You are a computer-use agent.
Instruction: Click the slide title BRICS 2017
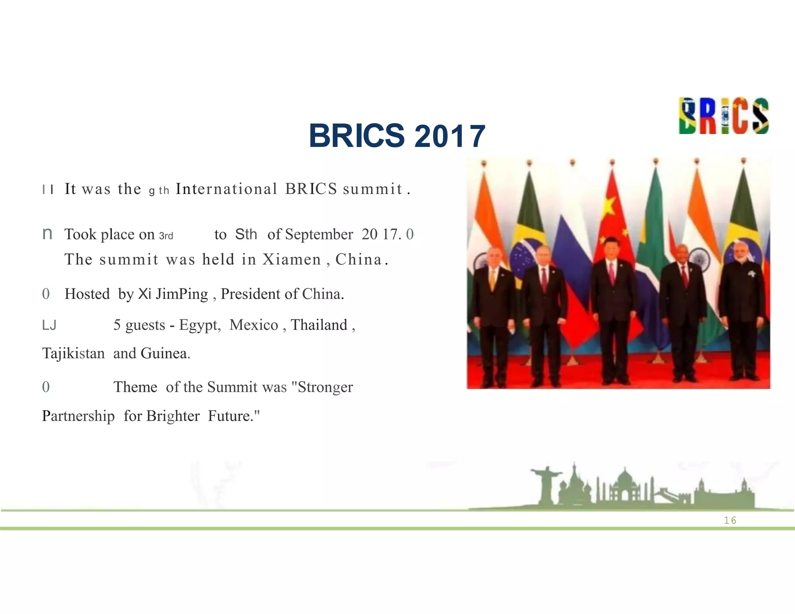397,136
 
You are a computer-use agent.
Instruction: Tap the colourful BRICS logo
724,116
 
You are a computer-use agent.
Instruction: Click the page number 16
730,520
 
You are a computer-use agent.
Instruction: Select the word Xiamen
292,259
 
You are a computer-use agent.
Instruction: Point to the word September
319,234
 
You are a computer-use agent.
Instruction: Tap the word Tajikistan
73,354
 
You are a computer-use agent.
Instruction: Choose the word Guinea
165,354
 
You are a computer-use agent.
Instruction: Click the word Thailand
319,325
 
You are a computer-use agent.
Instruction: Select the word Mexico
254,325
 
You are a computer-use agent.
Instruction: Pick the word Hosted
87,294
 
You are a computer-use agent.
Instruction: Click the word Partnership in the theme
78,416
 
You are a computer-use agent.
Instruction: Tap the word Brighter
173,416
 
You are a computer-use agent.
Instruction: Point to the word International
227,189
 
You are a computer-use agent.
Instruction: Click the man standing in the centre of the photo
612,307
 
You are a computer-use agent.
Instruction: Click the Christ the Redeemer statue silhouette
546,483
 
